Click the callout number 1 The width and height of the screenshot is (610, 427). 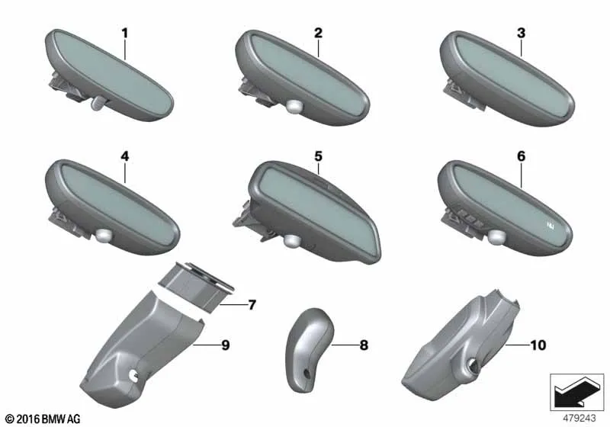124,34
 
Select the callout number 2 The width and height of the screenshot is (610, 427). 318,33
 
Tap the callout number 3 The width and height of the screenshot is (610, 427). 521,33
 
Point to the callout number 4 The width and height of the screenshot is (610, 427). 124,156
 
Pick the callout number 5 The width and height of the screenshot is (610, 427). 318,156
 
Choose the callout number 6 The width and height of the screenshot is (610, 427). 521,156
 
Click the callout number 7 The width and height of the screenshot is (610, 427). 252,305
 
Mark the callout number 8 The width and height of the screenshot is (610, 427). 364,345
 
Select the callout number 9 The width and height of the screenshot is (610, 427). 226,345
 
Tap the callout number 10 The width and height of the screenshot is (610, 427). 538,345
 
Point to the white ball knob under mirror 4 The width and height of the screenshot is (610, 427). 104,235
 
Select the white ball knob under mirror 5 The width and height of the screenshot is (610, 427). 291,241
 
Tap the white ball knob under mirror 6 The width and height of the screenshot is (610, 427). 497,237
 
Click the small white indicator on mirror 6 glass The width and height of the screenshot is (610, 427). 550,224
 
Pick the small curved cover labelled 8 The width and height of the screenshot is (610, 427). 310,348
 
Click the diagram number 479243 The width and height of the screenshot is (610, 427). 579,418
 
